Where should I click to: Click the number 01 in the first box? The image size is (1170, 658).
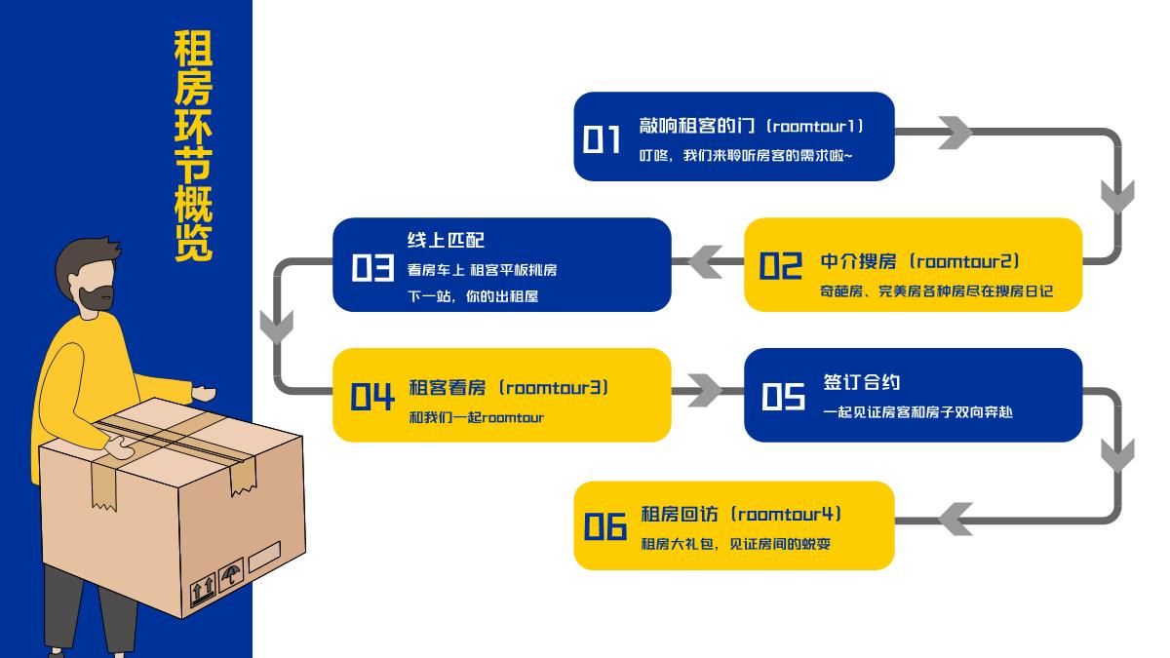[x=602, y=139]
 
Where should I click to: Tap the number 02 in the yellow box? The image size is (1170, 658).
[x=780, y=265]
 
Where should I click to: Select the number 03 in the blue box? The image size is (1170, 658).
[x=371, y=267]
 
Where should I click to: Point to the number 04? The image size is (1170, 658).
[x=371, y=396]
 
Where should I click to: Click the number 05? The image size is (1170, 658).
[x=783, y=396]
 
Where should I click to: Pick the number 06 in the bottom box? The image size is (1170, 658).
[x=604, y=527]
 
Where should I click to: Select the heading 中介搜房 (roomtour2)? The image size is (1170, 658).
[x=919, y=261]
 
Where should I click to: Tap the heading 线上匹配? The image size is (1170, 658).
[x=446, y=240]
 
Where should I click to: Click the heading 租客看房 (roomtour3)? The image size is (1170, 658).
[x=508, y=388]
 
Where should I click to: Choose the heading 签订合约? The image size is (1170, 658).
[x=861, y=382]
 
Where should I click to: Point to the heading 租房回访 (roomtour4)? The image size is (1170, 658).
[x=740, y=514]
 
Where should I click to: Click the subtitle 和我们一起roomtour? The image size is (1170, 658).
[x=476, y=418]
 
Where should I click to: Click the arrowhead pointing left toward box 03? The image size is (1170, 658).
[x=705, y=261]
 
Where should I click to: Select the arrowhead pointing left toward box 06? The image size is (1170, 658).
[x=955, y=519]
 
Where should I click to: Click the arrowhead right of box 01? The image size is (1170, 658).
[x=955, y=133]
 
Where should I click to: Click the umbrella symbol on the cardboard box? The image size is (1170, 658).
[x=230, y=574]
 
